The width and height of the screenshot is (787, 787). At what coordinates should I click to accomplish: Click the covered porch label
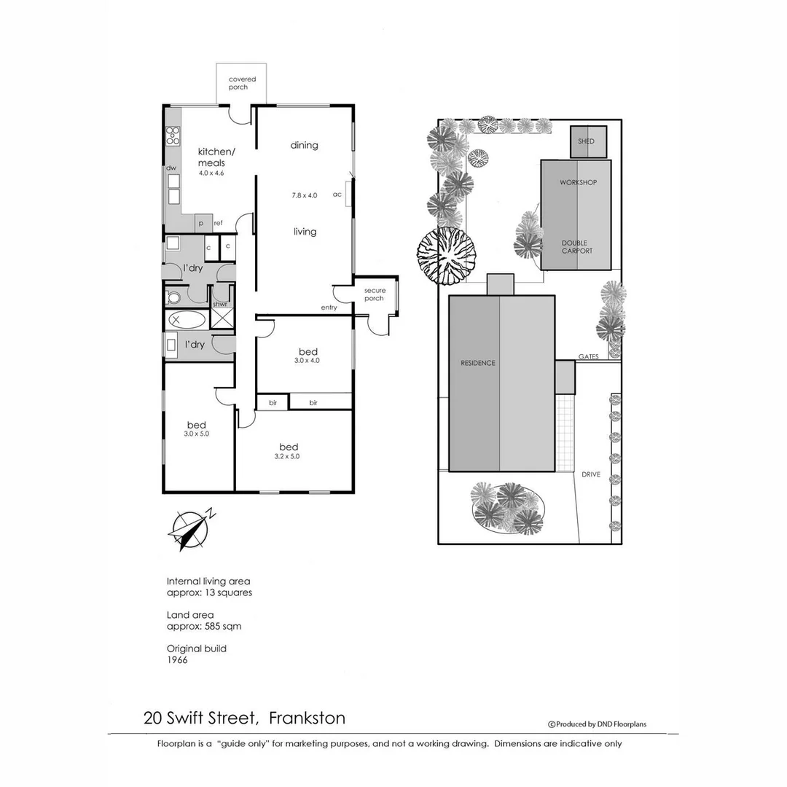pyautogui.click(x=238, y=83)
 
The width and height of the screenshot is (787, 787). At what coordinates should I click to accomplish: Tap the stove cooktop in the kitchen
pyautogui.click(x=173, y=136)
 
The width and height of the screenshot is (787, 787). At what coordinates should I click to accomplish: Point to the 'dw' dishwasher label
pyautogui.click(x=171, y=168)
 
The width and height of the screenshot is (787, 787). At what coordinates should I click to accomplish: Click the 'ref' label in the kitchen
pyautogui.click(x=218, y=223)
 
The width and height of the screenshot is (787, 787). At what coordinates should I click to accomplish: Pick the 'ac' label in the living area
pyautogui.click(x=337, y=195)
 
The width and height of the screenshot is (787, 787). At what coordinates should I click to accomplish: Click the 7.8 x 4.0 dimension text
pyautogui.click(x=305, y=195)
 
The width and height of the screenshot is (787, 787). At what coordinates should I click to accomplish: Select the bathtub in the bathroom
pyautogui.click(x=187, y=318)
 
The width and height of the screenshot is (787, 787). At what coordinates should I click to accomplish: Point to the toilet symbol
pyautogui.click(x=173, y=297)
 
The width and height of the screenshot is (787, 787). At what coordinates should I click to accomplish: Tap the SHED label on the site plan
pyautogui.click(x=586, y=141)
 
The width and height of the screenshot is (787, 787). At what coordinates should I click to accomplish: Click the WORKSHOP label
pyautogui.click(x=578, y=182)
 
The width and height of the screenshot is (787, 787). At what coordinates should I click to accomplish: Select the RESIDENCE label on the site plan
pyautogui.click(x=477, y=363)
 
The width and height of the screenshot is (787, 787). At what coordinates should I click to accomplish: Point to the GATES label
pyautogui.click(x=588, y=357)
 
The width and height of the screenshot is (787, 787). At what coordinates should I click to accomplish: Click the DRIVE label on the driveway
pyautogui.click(x=591, y=474)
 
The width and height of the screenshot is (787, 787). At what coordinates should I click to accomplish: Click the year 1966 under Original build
pyautogui.click(x=177, y=659)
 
